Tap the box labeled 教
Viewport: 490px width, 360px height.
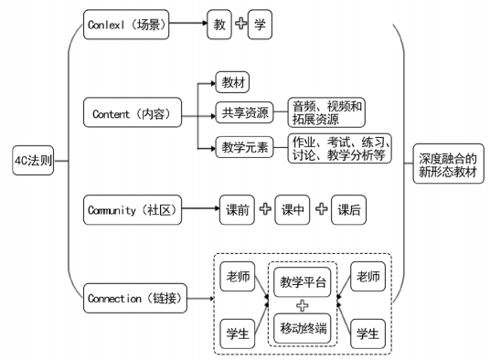tap(219, 25)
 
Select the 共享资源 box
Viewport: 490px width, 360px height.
tap(245, 113)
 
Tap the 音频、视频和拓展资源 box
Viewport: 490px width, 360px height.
tap(326, 113)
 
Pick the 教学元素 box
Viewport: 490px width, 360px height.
tap(245, 147)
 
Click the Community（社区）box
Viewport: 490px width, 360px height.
tap(132, 209)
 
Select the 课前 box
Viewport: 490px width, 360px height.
tap(236, 210)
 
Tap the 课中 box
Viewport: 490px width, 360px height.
tap(293, 210)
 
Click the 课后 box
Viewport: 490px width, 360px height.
tap(348, 210)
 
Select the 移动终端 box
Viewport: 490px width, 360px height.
tap(302, 325)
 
